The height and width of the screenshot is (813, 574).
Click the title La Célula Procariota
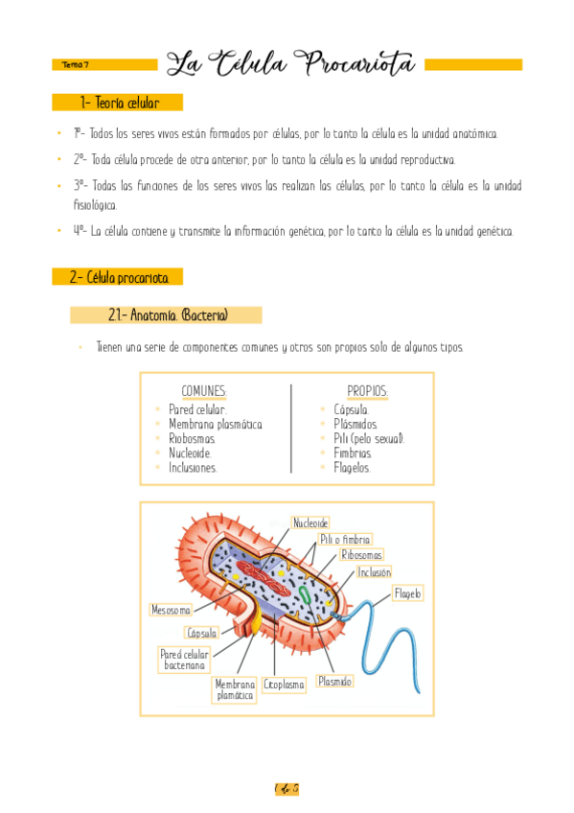[x=291, y=64]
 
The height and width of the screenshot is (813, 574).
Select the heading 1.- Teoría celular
[x=120, y=103]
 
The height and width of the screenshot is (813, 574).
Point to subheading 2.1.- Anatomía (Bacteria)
[x=168, y=314]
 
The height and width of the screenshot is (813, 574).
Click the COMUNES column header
[x=204, y=391]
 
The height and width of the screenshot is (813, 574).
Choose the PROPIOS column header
[x=367, y=391]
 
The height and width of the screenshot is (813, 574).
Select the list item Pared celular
[x=197, y=409]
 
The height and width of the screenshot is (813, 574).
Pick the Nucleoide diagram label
[x=310, y=523]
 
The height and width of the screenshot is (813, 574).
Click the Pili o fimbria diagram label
[x=345, y=540]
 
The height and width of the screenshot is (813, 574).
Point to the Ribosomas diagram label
[x=362, y=555]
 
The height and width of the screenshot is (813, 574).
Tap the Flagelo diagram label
[x=407, y=593]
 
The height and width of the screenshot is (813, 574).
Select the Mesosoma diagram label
[x=172, y=609]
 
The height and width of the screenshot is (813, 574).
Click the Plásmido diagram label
[x=335, y=681]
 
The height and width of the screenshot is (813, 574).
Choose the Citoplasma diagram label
[x=284, y=685]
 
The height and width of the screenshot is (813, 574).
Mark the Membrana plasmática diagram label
[x=235, y=690]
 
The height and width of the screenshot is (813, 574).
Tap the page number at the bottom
[x=287, y=789]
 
